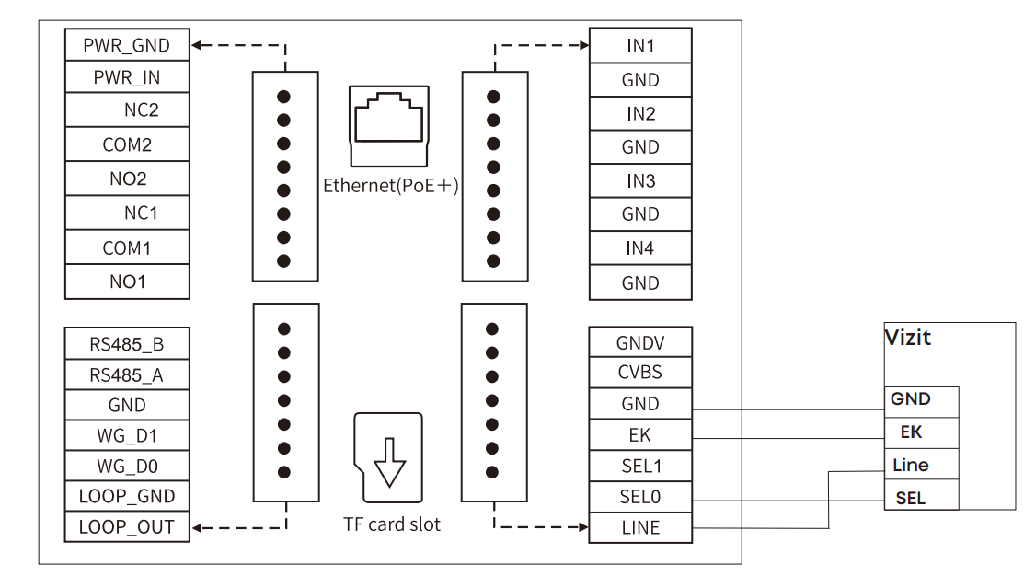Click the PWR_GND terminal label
[x=127, y=44]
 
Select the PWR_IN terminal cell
[x=127, y=78]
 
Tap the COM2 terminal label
[x=127, y=144]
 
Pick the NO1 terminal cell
[x=127, y=282]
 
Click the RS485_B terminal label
[x=127, y=345]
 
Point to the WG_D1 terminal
[x=127, y=435]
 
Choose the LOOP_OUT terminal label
[x=127, y=527]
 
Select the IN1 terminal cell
[x=639, y=45]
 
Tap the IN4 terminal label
[x=639, y=248]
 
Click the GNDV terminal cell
[x=639, y=343]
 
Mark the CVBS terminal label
[x=639, y=374]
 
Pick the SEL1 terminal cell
[x=639, y=466]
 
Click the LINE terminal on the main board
[x=639, y=527]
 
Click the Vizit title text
[x=907, y=338]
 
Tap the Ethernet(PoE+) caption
[x=391, y=186]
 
